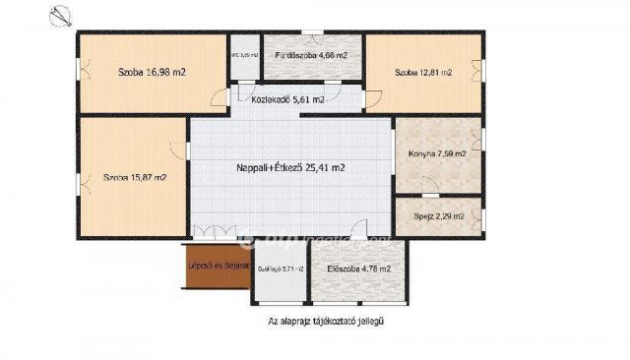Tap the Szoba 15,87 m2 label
[x=134, y=178]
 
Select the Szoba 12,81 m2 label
[x=423, y=72]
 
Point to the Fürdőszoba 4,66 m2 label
[x=311, y=56]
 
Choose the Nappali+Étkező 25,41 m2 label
[x=290, y=168]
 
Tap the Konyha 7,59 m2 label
[x=437, y=154]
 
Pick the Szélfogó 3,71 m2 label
[x=280, y=269]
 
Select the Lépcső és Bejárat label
[x=214, y=267]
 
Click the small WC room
[x=243, y=57]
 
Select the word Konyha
[x=422, y=154]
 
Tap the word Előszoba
[x=347, y=268]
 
